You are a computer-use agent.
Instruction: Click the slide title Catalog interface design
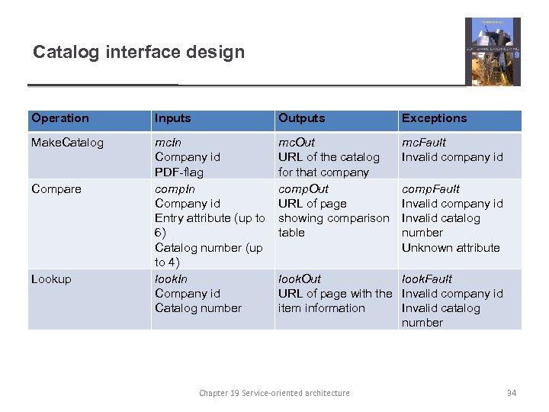(x=139, y=53)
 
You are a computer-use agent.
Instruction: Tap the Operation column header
(x=60, y=118)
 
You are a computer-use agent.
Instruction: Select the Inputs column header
(x=173, y=118)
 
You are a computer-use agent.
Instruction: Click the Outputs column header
(x=301, y=118)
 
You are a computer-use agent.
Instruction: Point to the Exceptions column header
(x=434, y=118)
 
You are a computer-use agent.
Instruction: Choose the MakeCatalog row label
(x=67, y=143)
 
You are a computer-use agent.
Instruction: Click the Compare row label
(x=56, y=189)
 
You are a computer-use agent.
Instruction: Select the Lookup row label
(x=51, y=279)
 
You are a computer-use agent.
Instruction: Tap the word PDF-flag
(x=179, y=172)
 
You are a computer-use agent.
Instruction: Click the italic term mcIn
(x=169, y=143)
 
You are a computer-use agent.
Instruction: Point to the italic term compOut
(x=303, y=189)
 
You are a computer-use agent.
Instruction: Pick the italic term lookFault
(x=426, y=279)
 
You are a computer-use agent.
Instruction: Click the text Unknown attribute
(x=451, y=248)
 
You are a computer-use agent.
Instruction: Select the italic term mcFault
(x=423, y=143)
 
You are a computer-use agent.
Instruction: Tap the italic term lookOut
(x=299, y=279)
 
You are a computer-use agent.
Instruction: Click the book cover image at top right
(x=493, y=51)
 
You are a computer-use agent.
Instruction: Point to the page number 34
(x=512, y=393)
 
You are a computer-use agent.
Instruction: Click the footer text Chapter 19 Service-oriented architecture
(x=274, y=393)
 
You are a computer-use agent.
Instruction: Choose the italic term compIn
(x=175, y=189)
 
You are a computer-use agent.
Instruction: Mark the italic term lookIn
(x=171, y=279)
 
